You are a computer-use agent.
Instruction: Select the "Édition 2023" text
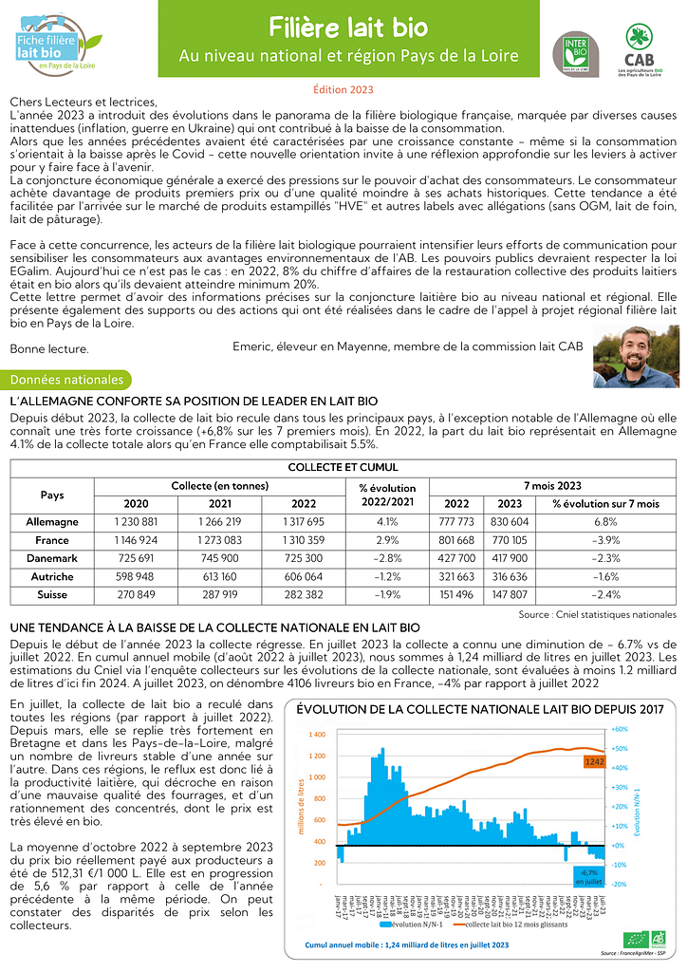[343, 89]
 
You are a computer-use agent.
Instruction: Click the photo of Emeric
[636, 356]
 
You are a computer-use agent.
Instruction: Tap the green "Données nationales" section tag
[67, 380]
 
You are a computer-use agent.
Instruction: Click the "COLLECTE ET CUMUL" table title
[343, 467]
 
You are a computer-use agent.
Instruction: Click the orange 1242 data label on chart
[595, 761]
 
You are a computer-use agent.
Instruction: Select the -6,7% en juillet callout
[587, 877]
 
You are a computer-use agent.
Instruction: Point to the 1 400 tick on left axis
[317, 735]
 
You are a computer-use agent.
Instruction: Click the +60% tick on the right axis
[619, 729]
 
